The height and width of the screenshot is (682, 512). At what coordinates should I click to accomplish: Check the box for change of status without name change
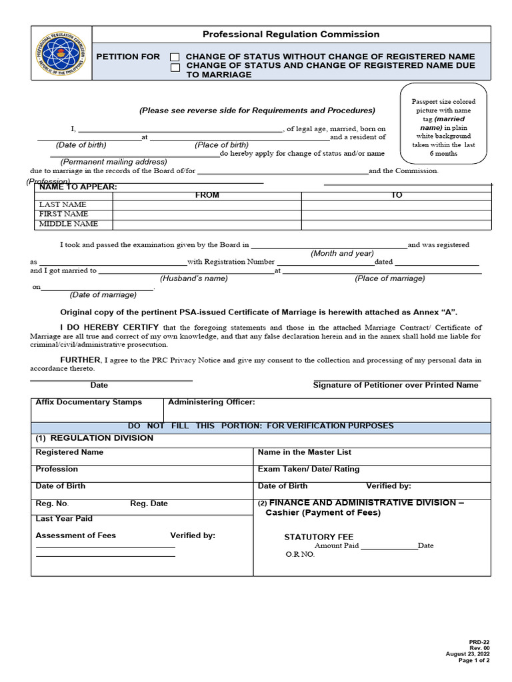(175, 57)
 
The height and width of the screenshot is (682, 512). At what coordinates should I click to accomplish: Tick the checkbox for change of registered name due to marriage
(175, 67)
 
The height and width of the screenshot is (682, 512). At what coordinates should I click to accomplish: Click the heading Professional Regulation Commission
(291, 34)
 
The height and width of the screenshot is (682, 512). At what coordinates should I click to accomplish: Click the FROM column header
(207, 195)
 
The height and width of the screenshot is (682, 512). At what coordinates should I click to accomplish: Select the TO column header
(396, 195)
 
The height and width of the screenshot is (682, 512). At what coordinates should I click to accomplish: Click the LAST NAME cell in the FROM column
(207, 204)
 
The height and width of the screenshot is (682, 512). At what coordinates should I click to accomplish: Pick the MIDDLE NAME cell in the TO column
(396, 224)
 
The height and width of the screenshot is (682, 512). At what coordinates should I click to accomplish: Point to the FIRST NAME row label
(64, 214)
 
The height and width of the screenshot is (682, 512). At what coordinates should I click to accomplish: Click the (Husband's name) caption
(193, 278)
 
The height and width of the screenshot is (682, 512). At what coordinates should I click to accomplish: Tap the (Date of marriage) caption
(103, 294)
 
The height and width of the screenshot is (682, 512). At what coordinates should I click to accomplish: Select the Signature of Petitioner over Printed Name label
(395, 385)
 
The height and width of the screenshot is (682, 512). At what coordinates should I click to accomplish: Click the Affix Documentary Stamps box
(97, 410)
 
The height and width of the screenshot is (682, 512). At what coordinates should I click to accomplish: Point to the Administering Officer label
(211, 402)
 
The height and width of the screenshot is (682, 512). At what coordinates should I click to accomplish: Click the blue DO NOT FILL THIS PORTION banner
(261, 426)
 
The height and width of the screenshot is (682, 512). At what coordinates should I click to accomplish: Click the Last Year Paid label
(64, 518)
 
